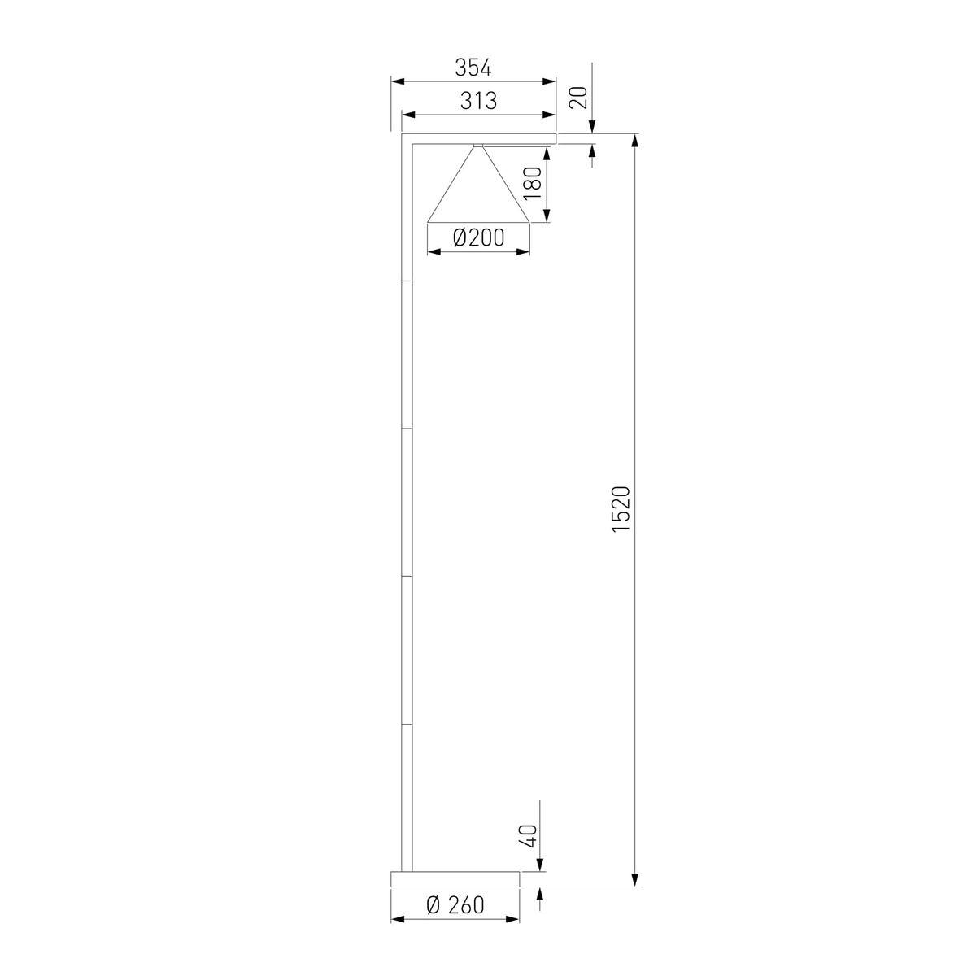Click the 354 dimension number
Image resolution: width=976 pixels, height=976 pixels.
pyautogui.click(x=473, y=68)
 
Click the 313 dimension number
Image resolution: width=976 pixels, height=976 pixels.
pyautogui.click(x=478, y=101)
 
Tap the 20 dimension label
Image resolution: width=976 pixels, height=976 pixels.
pyautogui.click(x=578, y=98)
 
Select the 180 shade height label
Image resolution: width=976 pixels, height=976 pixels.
pyautogui.click(x=534, y=183)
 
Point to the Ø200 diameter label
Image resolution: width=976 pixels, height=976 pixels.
pyautogui.click(x=478, y=237)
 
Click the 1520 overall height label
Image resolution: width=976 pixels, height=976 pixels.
pyautogui.click(x=621, y=509)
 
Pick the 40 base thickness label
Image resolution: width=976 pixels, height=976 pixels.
pyautogui.click(x=527, y=836)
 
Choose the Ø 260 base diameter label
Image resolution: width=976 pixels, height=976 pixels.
pyautogui.click(x=455, y=905)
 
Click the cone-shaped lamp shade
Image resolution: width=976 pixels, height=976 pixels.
pyautogui.click(x=478, y=185)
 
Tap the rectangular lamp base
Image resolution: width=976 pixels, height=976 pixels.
pyautogui.click(x=455, y=879)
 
